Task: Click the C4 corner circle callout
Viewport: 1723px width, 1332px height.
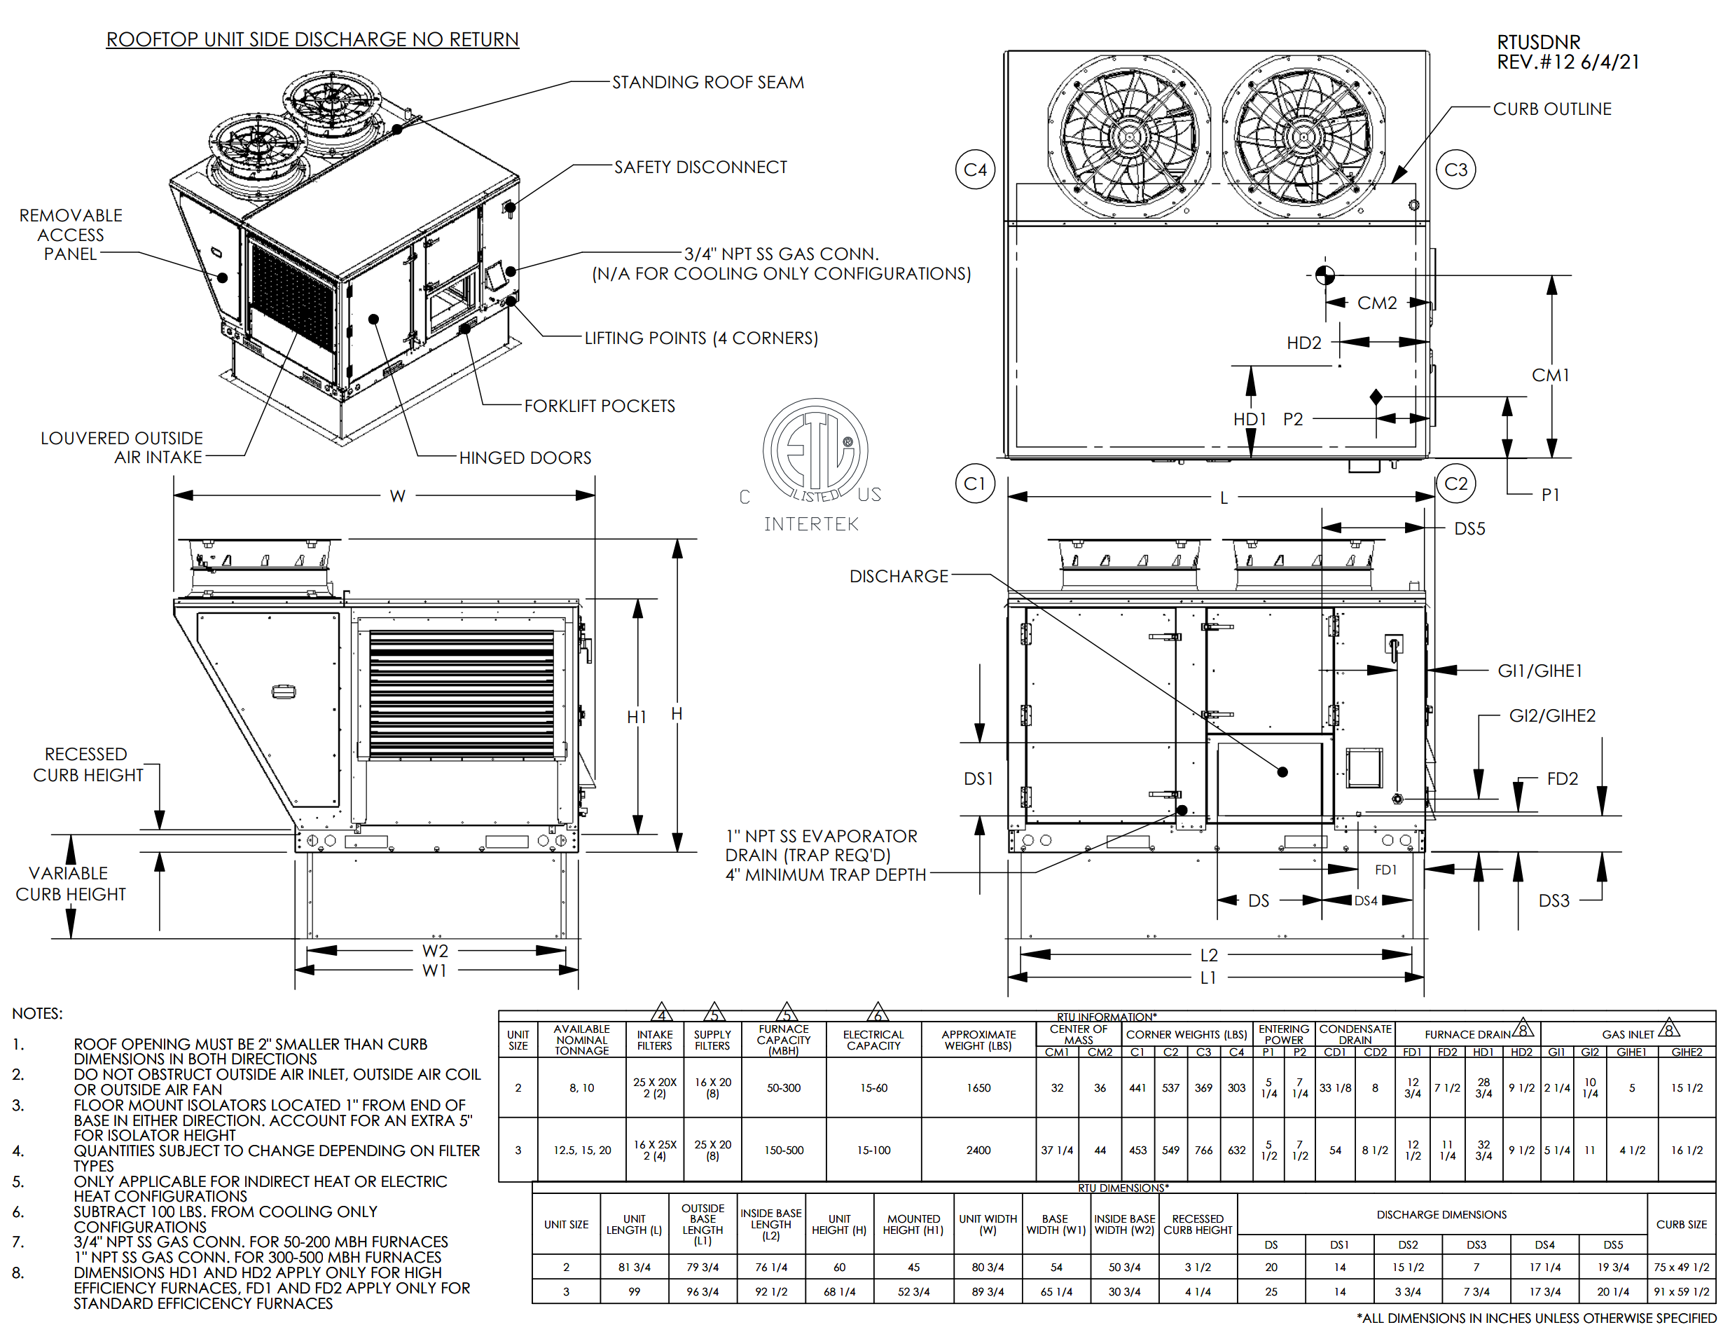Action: coord(975,170)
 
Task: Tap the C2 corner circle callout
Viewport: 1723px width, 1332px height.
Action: coord(1455,483)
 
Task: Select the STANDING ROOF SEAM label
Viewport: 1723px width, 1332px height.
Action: coord(707,82)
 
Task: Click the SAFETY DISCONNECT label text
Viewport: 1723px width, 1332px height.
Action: coord(700,167)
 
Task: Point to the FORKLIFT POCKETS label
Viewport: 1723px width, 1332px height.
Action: coord(600,406)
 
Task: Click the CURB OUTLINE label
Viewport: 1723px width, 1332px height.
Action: coord(1552,109)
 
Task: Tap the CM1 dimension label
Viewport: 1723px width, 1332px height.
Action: coord(1550,376)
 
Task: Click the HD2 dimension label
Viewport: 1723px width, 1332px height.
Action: coord(1303,343)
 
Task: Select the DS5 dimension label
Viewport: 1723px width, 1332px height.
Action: coord(1469,529)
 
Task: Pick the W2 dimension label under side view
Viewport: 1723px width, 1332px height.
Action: coord(435,951)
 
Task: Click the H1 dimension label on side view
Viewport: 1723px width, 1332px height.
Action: coord(636,717)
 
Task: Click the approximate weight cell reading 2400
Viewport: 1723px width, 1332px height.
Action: coord(978,1151)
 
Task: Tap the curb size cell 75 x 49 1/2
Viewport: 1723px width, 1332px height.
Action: coord(1681,1268)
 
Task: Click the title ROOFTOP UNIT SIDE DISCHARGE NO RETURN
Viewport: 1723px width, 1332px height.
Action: coord(312,39)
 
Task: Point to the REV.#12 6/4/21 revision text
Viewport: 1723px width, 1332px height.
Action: coord(1568,62)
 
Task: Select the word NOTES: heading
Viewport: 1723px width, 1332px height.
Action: coord(37,1013)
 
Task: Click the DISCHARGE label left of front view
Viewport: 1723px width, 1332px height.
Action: coord(899,577)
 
